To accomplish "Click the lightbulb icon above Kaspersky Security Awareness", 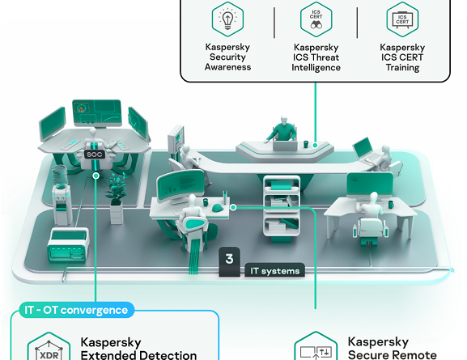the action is tap(228, 19).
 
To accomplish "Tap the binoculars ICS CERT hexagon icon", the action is tap(316, 19).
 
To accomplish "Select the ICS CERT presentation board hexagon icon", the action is tap(402, 19).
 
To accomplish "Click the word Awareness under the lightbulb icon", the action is tap(228, 67).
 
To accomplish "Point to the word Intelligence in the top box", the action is tap(316, 68).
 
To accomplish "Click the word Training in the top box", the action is tap(403, 67).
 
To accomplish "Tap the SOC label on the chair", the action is tap(95, 155).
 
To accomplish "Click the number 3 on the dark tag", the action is tap(229, 259).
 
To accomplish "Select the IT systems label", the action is tap(274, 271).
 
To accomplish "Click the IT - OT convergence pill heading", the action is tap(76, 310).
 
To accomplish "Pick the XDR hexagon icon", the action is tap(49, 347).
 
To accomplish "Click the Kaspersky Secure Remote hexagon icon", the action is tap(316, 346).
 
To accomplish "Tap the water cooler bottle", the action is tap(60, 175).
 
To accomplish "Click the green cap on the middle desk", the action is tap(218, 207).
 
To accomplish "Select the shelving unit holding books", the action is tap(282, 207).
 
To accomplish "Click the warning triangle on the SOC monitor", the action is tap(81, 108).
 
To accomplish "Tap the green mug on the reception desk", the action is tap(306, 145).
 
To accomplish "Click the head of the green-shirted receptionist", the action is tap(284, 120).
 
